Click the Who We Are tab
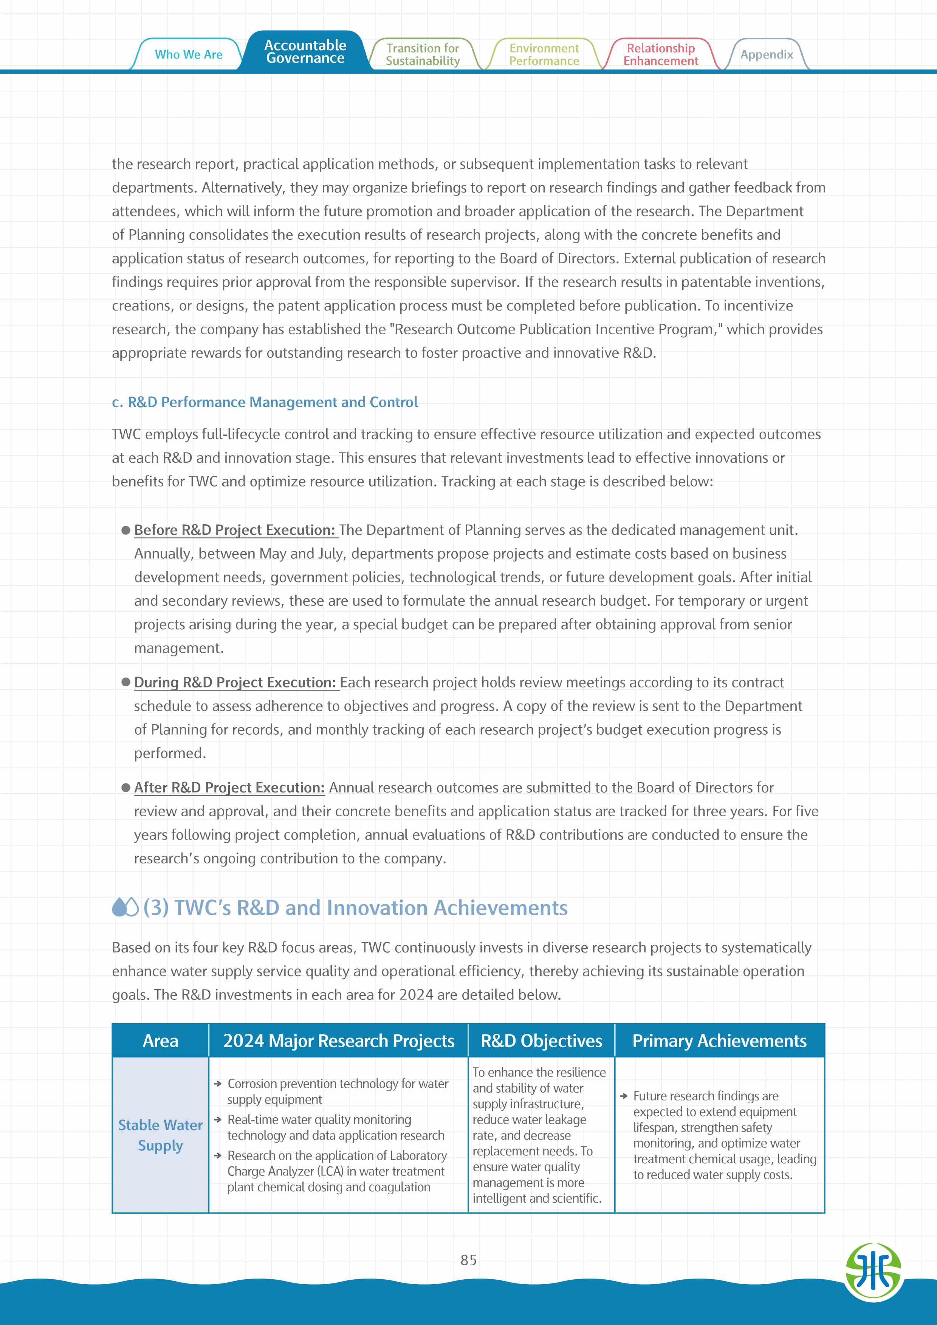coord(188,54)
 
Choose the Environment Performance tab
coord(544,55)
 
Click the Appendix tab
coord(766,55)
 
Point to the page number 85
coord(468,1260)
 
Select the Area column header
coord(161,1041)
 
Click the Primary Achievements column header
coord(719,1041)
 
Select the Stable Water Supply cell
coord(161,1135)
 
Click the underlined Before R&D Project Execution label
coord(234,530)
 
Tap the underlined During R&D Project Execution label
coord(235,682)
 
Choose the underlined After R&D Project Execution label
coord(229,787)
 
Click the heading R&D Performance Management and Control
coord(265,402)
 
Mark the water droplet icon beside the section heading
coord(125,907)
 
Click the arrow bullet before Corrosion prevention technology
coord(218,1084)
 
